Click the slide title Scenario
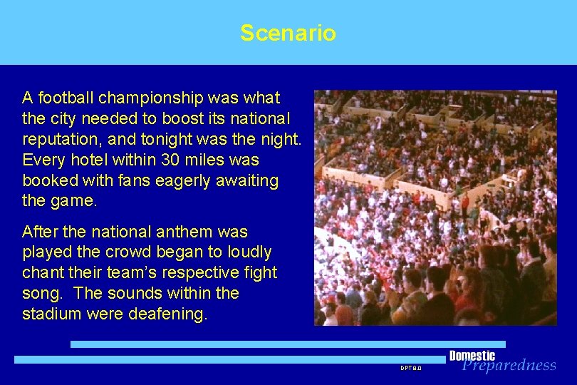pos(288,33)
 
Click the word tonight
pos(145,139)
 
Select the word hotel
pos(90,160)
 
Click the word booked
pos(48,180)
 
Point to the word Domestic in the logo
pos(472,356)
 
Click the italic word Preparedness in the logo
pos(509,366)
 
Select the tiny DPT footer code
pos(410,368)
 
